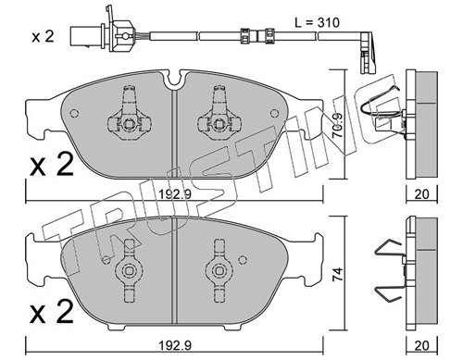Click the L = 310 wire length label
(x=317, y=22)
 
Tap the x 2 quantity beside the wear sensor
(x=44, y=37)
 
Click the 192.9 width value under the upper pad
(x=175, y=194)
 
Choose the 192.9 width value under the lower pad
(x=175, y=345)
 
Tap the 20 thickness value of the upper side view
(x=421, y=194)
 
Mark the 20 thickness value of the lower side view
(x=421, y=345)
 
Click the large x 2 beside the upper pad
(x=52, y=165)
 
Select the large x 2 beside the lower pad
(x=52, y=312)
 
